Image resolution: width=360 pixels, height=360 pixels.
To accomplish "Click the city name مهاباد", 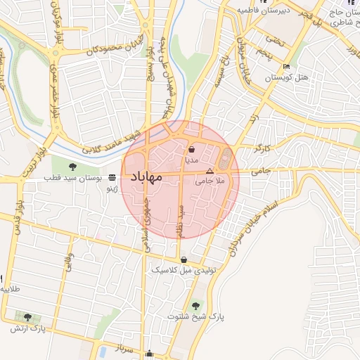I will click(146, 176).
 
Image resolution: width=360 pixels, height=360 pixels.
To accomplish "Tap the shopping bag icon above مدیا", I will click(192, 149).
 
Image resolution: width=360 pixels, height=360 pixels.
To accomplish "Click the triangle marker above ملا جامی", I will click(209, 171).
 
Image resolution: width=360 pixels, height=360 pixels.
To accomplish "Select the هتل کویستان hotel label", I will click(287, 77).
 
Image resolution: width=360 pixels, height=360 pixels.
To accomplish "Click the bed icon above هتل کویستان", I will click(286, 67).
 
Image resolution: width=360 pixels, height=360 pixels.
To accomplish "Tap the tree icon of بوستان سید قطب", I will click(72, 167).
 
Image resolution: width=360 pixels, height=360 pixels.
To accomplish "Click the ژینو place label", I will click(112, 188).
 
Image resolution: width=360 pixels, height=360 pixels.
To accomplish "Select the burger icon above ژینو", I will click(112, 178).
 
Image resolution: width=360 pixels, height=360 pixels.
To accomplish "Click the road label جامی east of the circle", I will click(260, 169).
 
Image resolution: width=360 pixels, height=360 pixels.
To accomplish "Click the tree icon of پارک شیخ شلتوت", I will click(195, 306).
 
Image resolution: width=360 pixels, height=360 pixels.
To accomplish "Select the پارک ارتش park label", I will click(27, 328).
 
